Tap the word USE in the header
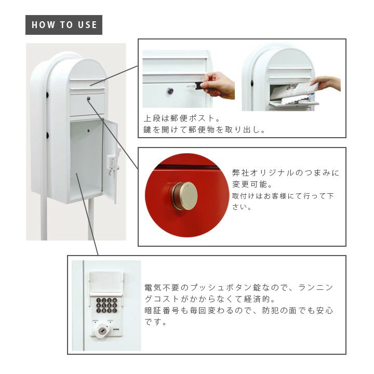click(x=87, y=25)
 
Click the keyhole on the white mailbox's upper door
click(x=88, y=98)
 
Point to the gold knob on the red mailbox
click(x=184, y=196)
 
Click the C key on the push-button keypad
click(x=114, y=310)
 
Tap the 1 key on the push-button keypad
click(x=99, y=300)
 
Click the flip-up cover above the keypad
click(x=106, y=284)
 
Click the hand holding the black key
click(x=218, y=85)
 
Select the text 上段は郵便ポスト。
click(x=182, y=118)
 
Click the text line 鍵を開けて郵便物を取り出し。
click(x=205, y=130)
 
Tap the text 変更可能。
click(x=252, y=184)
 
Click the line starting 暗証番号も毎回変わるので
click(x=239, y=311)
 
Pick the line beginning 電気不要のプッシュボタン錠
click(x=239, y=287)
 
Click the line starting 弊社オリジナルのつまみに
click(x=286, y=172)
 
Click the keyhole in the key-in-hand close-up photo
click(x=170, y=90)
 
